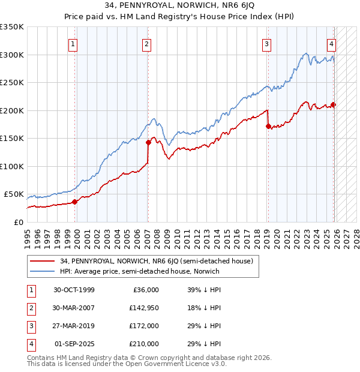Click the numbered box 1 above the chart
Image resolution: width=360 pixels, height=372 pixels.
click(x=73, y=43)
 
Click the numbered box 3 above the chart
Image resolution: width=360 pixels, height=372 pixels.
click(x=266, y=43)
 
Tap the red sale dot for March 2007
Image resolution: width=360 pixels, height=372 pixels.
click(x=148, y=142)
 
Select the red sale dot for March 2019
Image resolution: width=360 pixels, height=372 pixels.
click(x=268, y=126)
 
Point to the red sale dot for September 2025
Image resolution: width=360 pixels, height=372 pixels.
click(x=334, y=104)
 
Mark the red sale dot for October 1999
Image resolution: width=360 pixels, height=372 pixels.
click(x=75, y=202)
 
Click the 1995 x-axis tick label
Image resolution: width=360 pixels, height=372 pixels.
click(x=27, y=239)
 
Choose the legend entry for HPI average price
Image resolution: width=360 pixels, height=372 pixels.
click(x=139, y=271)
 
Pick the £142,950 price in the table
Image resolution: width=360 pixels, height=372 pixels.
click(x=144, y=308)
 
